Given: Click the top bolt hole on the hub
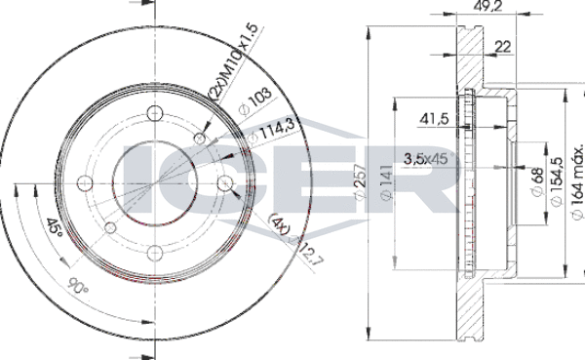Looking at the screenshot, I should click(154, 109).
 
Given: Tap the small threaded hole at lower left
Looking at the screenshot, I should click(109, 227).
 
